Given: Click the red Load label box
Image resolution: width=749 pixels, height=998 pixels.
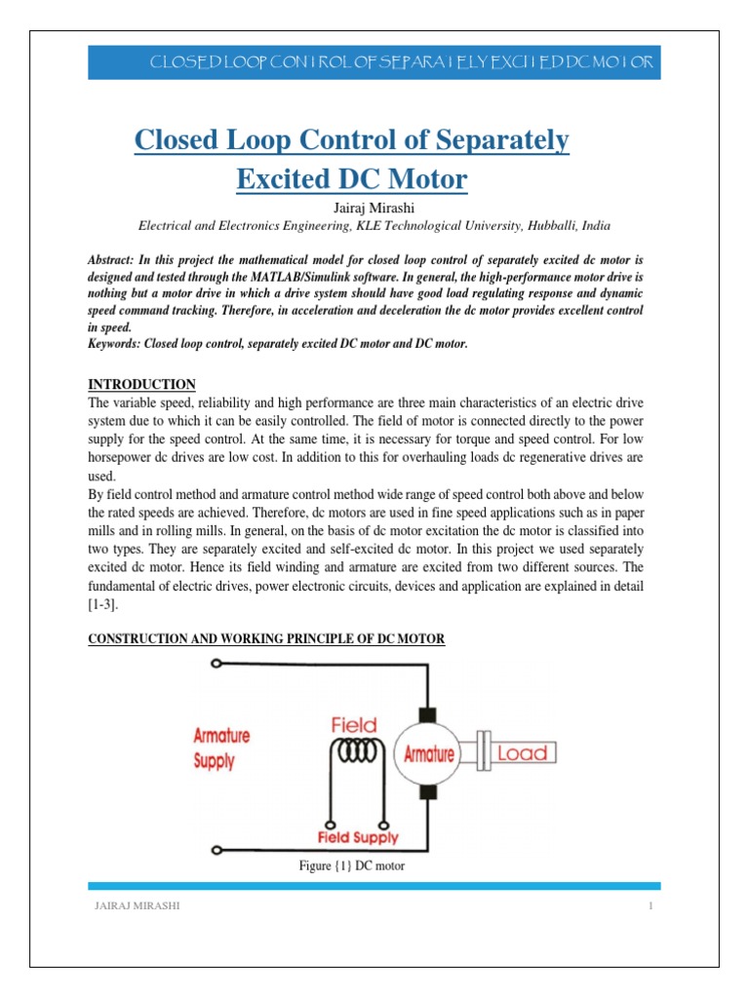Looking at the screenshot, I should (x=527, y=753).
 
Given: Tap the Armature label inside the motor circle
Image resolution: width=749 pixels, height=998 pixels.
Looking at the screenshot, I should (x=429, y=753).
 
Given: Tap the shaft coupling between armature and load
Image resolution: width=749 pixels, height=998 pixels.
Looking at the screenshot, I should (x=481, y=753).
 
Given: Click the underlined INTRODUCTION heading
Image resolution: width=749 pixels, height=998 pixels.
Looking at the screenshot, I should (x=142, y=384).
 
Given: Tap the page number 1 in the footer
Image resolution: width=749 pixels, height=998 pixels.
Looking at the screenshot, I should (x=650, y=907).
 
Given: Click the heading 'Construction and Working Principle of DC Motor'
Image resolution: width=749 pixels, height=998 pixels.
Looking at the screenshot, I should (x=266, y=638).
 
